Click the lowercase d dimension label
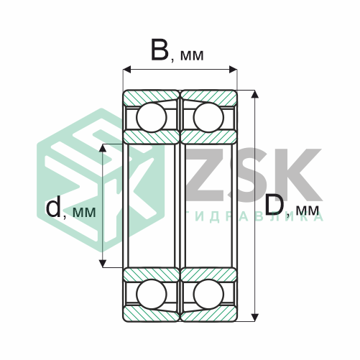pos(53,208)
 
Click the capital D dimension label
pos(274,204)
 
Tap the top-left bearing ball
pos(152,117)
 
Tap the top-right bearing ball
pos(208,117)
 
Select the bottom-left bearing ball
pos(152,294)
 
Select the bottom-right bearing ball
pos(208,294)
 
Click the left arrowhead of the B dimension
pos(127,70)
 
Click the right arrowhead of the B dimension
pos(233,70)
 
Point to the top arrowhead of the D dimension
pos(255,94)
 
